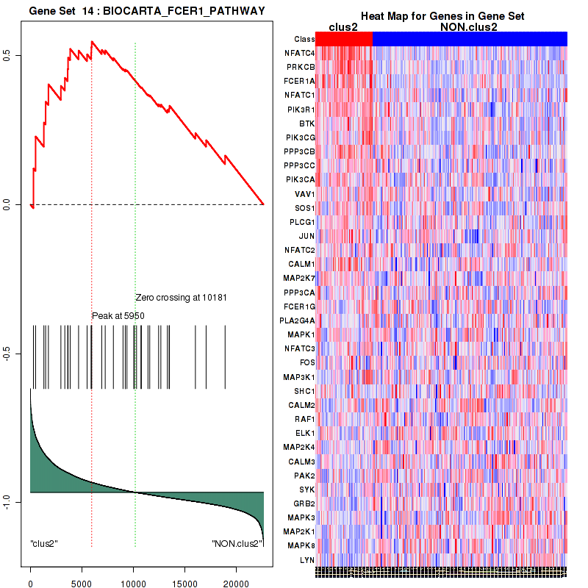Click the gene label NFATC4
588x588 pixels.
click(300, 53)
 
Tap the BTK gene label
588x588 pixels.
click(306, 123)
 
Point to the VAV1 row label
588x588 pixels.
click(304, 194)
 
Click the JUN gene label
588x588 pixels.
click(306, 236)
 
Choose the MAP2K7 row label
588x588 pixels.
click(300, 279)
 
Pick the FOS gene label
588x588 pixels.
click(306, 362)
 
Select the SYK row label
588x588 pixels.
click(306, 489)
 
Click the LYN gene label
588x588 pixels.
click(307, 559)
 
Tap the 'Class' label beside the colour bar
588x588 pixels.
click(304, 39)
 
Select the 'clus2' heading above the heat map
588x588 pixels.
click(343, 26)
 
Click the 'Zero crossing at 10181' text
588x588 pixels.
click(181, 298)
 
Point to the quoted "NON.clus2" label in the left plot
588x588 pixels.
click(233, 544)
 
